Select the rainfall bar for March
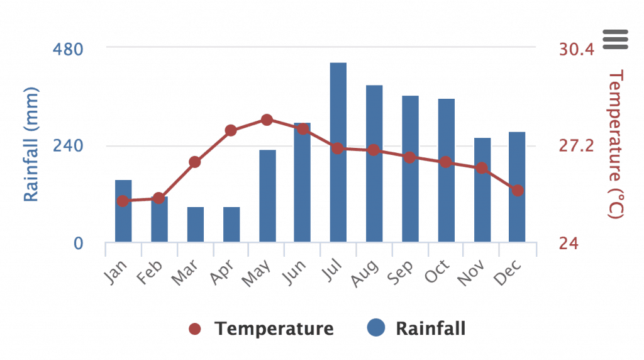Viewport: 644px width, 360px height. click(196, 225)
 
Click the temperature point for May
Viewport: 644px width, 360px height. click(267, 120)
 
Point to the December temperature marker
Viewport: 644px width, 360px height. click(517, 190)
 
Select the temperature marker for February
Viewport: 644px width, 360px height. click(159, 198)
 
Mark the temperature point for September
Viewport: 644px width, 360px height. click(409, 157)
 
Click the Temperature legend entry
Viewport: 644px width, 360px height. click(261, 329)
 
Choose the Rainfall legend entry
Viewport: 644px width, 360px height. click(416, 329)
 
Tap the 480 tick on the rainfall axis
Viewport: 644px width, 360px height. click(70, 48)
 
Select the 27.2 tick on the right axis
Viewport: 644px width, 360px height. click(576, 146)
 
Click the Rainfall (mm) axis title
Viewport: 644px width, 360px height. click(31, 145)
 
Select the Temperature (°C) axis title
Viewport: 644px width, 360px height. click(616, 145)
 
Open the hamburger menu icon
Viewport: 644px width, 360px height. click(615, 39)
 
